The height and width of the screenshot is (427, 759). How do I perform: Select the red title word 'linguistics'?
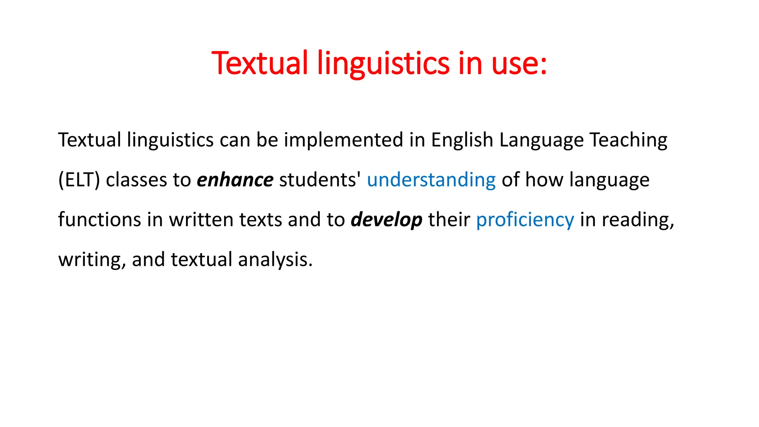tap(383, 63)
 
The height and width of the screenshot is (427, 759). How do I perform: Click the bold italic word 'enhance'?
tap(235, 180)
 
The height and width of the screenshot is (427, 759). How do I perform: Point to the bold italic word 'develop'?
tap(387, 220)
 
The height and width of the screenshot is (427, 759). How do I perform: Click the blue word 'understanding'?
tap(431, 180)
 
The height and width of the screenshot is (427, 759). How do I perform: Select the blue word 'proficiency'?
tap(525, 220)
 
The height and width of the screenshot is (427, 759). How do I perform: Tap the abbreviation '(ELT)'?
tap(79, 180)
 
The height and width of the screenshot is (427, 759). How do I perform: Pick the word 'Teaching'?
tap(628, 140)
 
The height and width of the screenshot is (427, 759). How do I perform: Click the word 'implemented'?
tap(344, 140)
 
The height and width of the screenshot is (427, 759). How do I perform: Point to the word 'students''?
tap(320, 180)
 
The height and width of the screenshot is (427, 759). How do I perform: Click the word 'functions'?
tap(99, 220)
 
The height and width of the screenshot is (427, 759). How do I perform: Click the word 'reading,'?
tap(637, 220)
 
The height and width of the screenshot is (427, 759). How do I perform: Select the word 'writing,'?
tap(92, 259)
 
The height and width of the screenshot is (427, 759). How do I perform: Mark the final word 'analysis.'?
tap(275, 259)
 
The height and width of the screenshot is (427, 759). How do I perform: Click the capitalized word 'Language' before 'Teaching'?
tap(541, 140)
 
